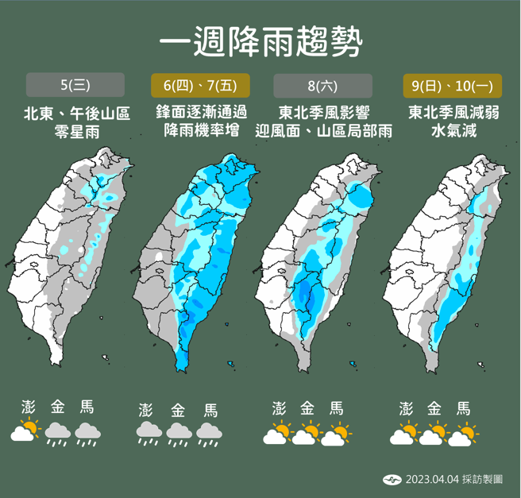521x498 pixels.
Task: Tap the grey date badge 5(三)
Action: coord(75,85)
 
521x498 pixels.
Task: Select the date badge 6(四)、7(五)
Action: coord(200,85)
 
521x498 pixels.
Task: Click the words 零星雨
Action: coord(75,131)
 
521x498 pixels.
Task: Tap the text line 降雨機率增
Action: coord(200,131)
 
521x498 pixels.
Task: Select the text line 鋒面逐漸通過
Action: coord(200,113)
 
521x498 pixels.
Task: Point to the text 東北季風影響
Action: coord(324,113)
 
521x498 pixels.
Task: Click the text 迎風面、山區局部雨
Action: coord(324,131)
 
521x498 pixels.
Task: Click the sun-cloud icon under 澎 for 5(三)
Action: coord(25,432)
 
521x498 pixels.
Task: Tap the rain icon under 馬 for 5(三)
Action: coord(87,434)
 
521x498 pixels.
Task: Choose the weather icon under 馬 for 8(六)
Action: coord(338,434)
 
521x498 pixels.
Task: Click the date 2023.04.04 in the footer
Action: coord(430,480)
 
